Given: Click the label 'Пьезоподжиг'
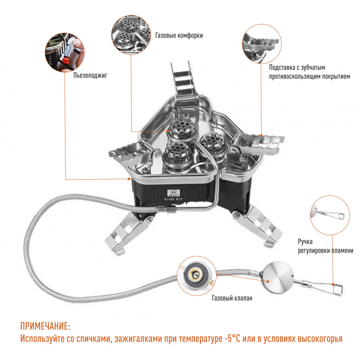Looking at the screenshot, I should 90,74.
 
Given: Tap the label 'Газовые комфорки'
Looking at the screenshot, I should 179,35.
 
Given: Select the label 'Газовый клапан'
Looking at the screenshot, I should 232,298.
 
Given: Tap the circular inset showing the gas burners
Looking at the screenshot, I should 130,35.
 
